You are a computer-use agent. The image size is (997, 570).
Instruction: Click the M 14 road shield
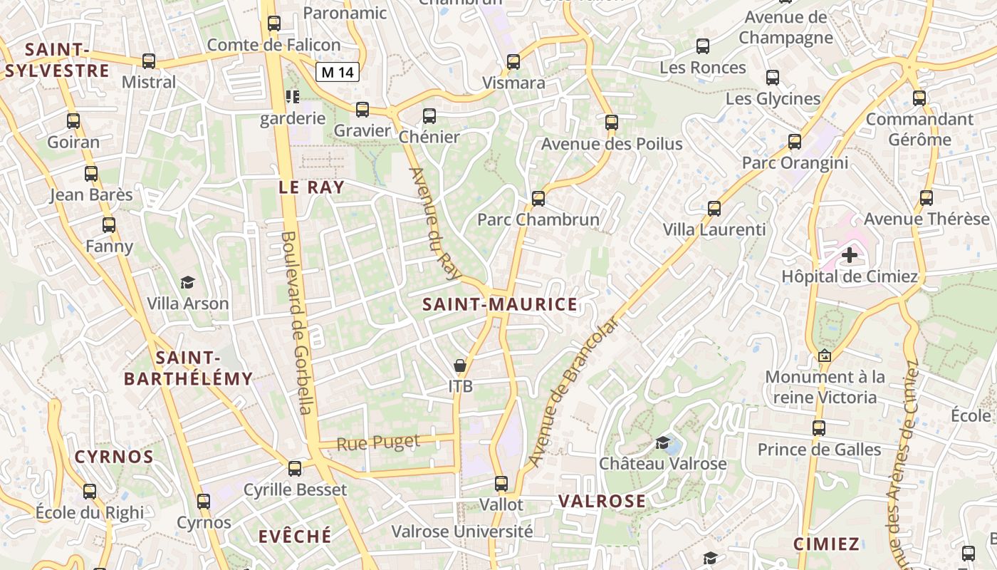click(x=338, y=71)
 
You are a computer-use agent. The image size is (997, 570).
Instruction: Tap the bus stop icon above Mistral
click(x=149, y=61)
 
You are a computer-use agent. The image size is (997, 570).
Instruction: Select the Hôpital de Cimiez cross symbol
click(x=850, y=254)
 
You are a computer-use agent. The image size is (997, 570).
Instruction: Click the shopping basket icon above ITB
click(x=461, y=366)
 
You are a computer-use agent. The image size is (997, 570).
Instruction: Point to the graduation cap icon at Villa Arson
click(x=187, y=283)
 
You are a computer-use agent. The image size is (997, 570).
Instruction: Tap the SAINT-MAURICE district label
click(x=499, y=305)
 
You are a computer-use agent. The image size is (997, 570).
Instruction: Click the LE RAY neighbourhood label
click(x=311, y=187)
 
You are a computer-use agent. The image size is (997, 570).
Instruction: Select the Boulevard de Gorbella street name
click(x=297, y=322)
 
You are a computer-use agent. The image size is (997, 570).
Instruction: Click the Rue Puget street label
click(x=378, y=442)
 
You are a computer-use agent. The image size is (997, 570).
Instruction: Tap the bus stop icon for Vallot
click(x=501, y=484)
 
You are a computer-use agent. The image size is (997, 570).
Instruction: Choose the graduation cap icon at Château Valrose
click(x=663, y=443)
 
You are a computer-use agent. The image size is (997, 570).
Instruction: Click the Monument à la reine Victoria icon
click(x=825, y=355)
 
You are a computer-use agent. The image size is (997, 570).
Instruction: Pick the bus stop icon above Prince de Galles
click(x=819, y=428)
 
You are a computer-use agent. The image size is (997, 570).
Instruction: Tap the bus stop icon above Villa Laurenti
click(x=714, y=209)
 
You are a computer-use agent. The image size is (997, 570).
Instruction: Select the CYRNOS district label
click(x=114, y=457)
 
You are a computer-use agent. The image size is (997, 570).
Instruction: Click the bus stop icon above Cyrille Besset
click(x=295, y=469)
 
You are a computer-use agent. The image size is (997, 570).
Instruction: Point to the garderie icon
click(x=292, y=97)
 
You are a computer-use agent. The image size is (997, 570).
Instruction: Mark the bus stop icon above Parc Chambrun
click(x=538, y=198)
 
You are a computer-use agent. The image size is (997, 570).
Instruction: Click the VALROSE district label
click(x=602, y=501)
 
